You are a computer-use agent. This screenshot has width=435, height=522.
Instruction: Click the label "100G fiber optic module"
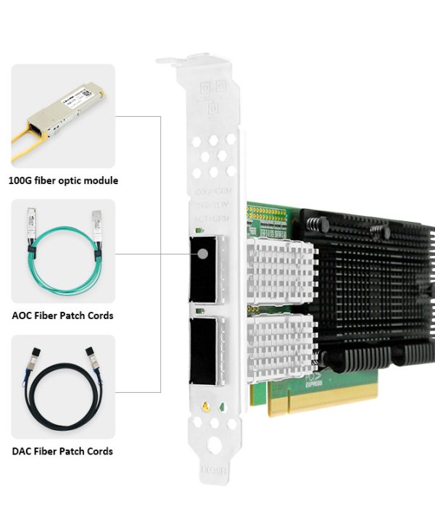[63, 181]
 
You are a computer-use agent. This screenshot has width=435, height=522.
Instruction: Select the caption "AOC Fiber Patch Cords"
[63, 315]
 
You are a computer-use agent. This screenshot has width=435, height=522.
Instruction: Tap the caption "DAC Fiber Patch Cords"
[63, 451]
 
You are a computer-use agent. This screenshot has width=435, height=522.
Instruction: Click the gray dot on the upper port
[203, 255]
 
